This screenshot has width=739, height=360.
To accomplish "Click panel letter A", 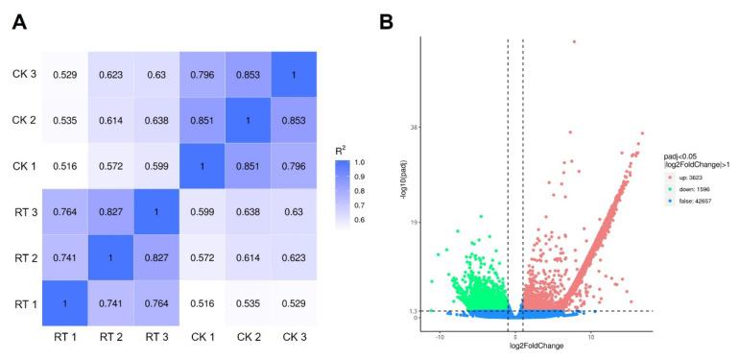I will point(18,21).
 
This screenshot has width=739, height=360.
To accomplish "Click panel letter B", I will point(387,21).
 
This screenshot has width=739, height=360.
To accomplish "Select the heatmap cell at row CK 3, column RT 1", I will point(65,74).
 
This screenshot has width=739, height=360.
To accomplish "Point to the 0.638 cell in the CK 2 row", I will point(155,119).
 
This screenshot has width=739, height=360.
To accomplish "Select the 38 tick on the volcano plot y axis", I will point(415,127).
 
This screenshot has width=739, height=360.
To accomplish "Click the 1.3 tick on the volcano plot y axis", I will point(414,311).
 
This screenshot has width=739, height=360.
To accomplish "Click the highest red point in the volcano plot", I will point(574,41).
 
